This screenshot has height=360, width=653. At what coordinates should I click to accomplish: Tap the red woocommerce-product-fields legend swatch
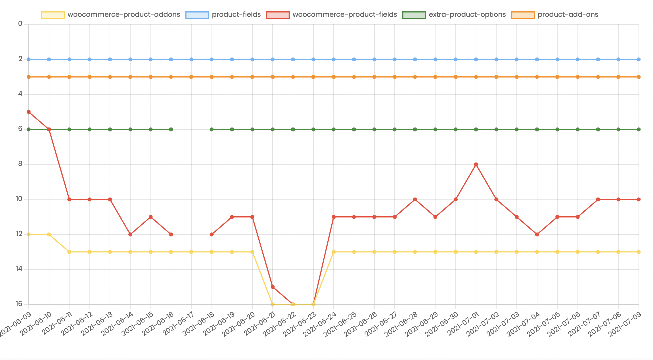pyautogui.click(x=278, y=15)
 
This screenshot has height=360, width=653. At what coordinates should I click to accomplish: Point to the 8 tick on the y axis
pyautogui.click(x=20, y=164)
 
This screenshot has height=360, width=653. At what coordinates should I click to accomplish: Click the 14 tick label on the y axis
pyautogui.click(x=19, y=269)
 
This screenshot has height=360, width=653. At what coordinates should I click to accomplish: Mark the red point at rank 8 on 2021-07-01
pyautogui.click(x=476, y=164)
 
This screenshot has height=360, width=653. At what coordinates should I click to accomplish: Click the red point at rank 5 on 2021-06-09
pyautogui.click(x=29, y=112)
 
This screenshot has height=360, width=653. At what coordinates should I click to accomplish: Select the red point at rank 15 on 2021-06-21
pyautogui.click(x=273, y=287)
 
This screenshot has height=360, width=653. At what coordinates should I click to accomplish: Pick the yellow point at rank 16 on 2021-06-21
pyautogui.click(x=273, y=304)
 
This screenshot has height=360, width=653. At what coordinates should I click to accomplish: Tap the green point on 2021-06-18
pyautogui.click(x=212, y=129)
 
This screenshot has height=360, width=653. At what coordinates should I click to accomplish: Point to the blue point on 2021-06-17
pyautogui.click(x=191, y=59)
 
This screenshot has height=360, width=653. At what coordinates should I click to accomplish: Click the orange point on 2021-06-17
pyautogui.click(x=191, y=77)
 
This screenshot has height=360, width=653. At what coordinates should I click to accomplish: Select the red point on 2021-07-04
pyautogui.click(x=537, y=235)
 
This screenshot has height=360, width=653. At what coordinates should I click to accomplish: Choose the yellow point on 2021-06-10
pyautogui.click(x=49, y=235)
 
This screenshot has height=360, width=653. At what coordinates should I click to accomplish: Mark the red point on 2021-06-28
pyautogui.click(x=415, y=199)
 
